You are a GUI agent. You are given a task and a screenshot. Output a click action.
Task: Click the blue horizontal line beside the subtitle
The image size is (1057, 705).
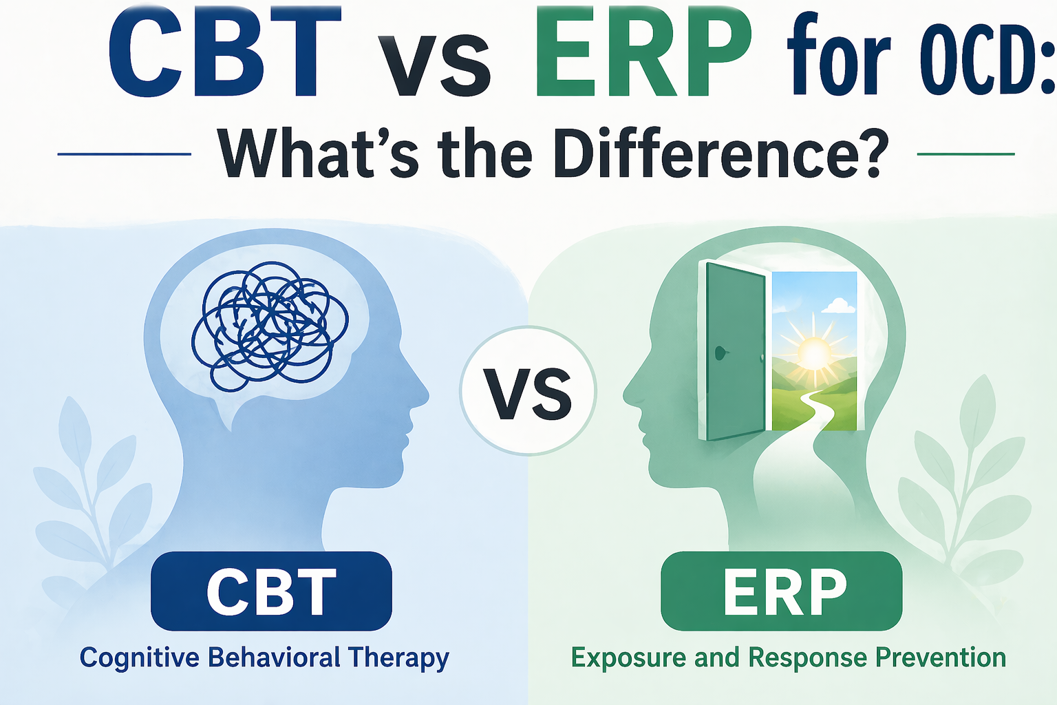pyautogui.click(x=124, y=154)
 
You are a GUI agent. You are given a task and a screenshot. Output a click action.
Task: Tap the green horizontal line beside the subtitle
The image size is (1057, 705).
pyautogui.click(x=965, y=154)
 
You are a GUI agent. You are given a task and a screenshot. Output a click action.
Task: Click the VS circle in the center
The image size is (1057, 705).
pyautogui.click(x=528, y=391)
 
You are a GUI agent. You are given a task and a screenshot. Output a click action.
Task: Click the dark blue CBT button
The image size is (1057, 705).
pyautogui.click(x=271, y=591)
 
